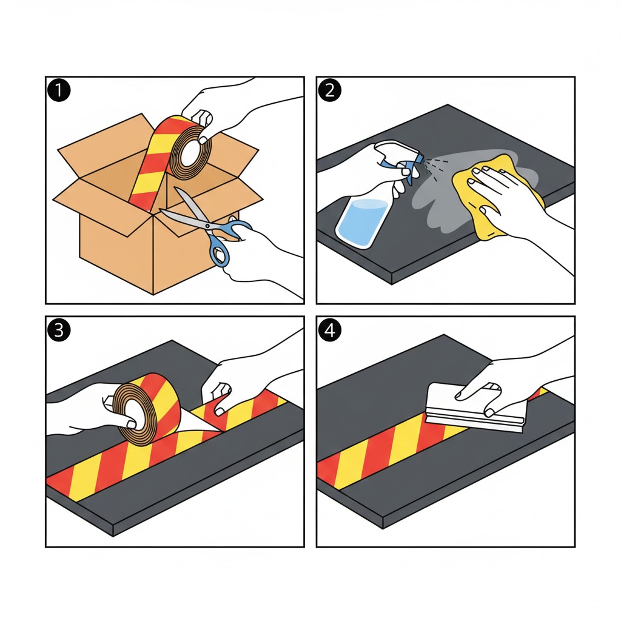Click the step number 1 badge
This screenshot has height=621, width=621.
pyautogui.click(x=59, y=90)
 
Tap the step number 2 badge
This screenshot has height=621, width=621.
pyautogui.click(x=330, y=90)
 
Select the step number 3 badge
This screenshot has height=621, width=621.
pyautogui.click(x=59, y=330)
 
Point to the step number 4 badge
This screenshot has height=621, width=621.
pyautogui.click(x=330, y=330)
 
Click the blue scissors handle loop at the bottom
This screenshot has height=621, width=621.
pyautogui.click(x=219, y=253)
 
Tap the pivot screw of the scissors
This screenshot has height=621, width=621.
pyautogui.click(x=207, y=226)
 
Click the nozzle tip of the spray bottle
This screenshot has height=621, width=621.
pyautogui.click(x=423, y=158)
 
